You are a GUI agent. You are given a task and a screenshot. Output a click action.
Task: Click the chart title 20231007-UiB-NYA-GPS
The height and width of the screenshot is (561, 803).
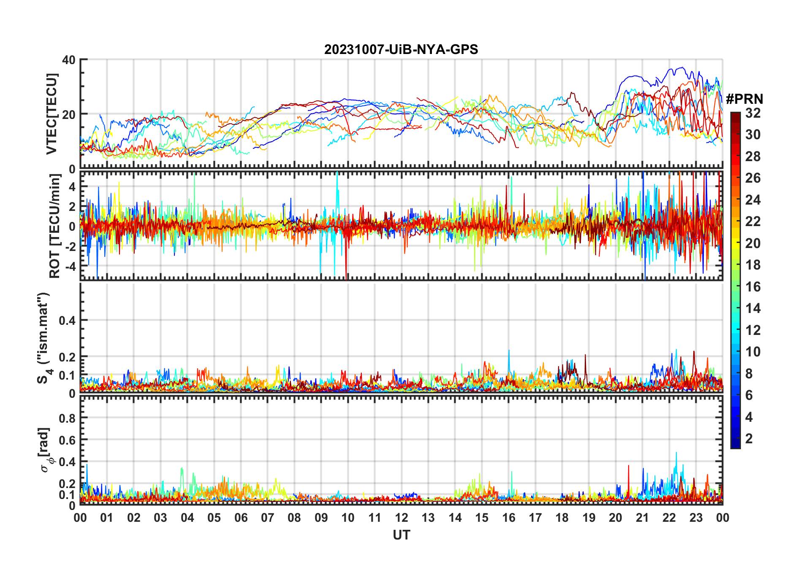pyautogui.click(x=401, y=49)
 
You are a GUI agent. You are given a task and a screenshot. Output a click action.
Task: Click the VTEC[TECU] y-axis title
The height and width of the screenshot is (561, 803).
pyautogui.click(x=52, y=114)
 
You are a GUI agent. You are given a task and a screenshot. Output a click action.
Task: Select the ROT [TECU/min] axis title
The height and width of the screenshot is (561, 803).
pyautogui.click(x=55, y=226)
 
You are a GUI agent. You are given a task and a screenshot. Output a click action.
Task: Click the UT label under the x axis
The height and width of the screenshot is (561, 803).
pyautogui.click(x=401, y=535)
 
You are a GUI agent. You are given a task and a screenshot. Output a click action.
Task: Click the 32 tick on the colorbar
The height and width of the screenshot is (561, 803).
pyautogui.click(x=753, y=113)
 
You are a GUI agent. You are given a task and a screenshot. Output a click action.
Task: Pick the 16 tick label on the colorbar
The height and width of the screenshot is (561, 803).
pyautogui.click(x=753, y=287)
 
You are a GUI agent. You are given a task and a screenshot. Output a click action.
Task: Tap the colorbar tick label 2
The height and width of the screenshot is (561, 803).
pyautogui.click(x=749, y=439)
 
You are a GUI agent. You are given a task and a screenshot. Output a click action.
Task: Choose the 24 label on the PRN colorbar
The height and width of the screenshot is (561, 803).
pyautogui.click(x=753, y=200)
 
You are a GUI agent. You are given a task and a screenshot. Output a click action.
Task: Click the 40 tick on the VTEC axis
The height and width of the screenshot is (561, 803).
pyautogui.click(x=69, y=60)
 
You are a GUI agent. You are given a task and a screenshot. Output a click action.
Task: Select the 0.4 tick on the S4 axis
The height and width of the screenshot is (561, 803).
pyautogui.click(x=67, y=321)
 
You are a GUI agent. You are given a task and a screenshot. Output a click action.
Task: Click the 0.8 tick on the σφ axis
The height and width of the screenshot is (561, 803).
pyautogui.click(x=67, y=418)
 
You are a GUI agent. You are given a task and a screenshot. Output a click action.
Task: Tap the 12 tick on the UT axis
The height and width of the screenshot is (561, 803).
pyautogui.click(x=401, y=518)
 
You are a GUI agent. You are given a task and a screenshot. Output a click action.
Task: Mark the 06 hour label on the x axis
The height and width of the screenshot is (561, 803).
pyautogui.click(x=241, y=518)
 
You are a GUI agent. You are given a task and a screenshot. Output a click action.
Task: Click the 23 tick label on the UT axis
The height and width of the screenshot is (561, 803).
pyautogui.click(x=696, y=518)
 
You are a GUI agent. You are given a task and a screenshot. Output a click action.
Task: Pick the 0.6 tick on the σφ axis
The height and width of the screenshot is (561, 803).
pyautogui.click(x=67, y=440)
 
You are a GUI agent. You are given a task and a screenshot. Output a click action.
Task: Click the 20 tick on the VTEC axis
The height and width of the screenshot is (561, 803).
pyautogui.click(x=69, y=114)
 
